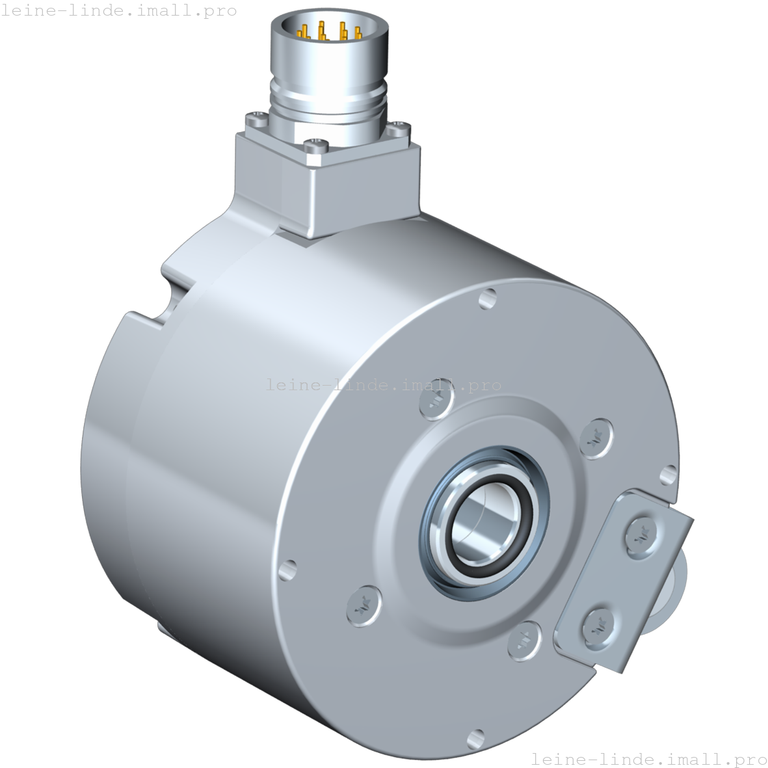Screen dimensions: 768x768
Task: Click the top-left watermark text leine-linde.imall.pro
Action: pyautogui.click(x=119, y=11)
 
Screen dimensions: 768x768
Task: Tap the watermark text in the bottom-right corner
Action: pyautogui.click(x=649, y=758)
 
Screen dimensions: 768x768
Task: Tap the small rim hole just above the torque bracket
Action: pyautogui.click(x=668, y=475)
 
